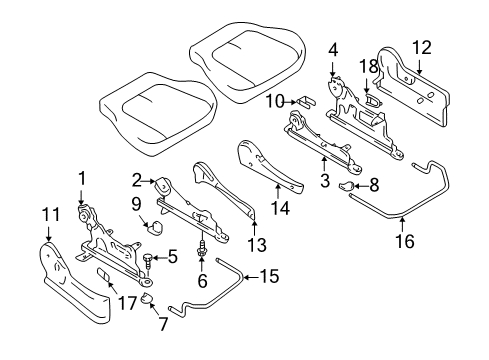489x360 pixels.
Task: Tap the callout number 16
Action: click(x=403, y=239)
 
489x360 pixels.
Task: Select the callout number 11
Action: click(x=46, y=212)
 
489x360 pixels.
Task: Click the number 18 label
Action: click(x=368, y=65)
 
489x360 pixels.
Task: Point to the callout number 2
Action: click(x=136, y=180)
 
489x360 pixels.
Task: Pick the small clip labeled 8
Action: click(x=349, y=185)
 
